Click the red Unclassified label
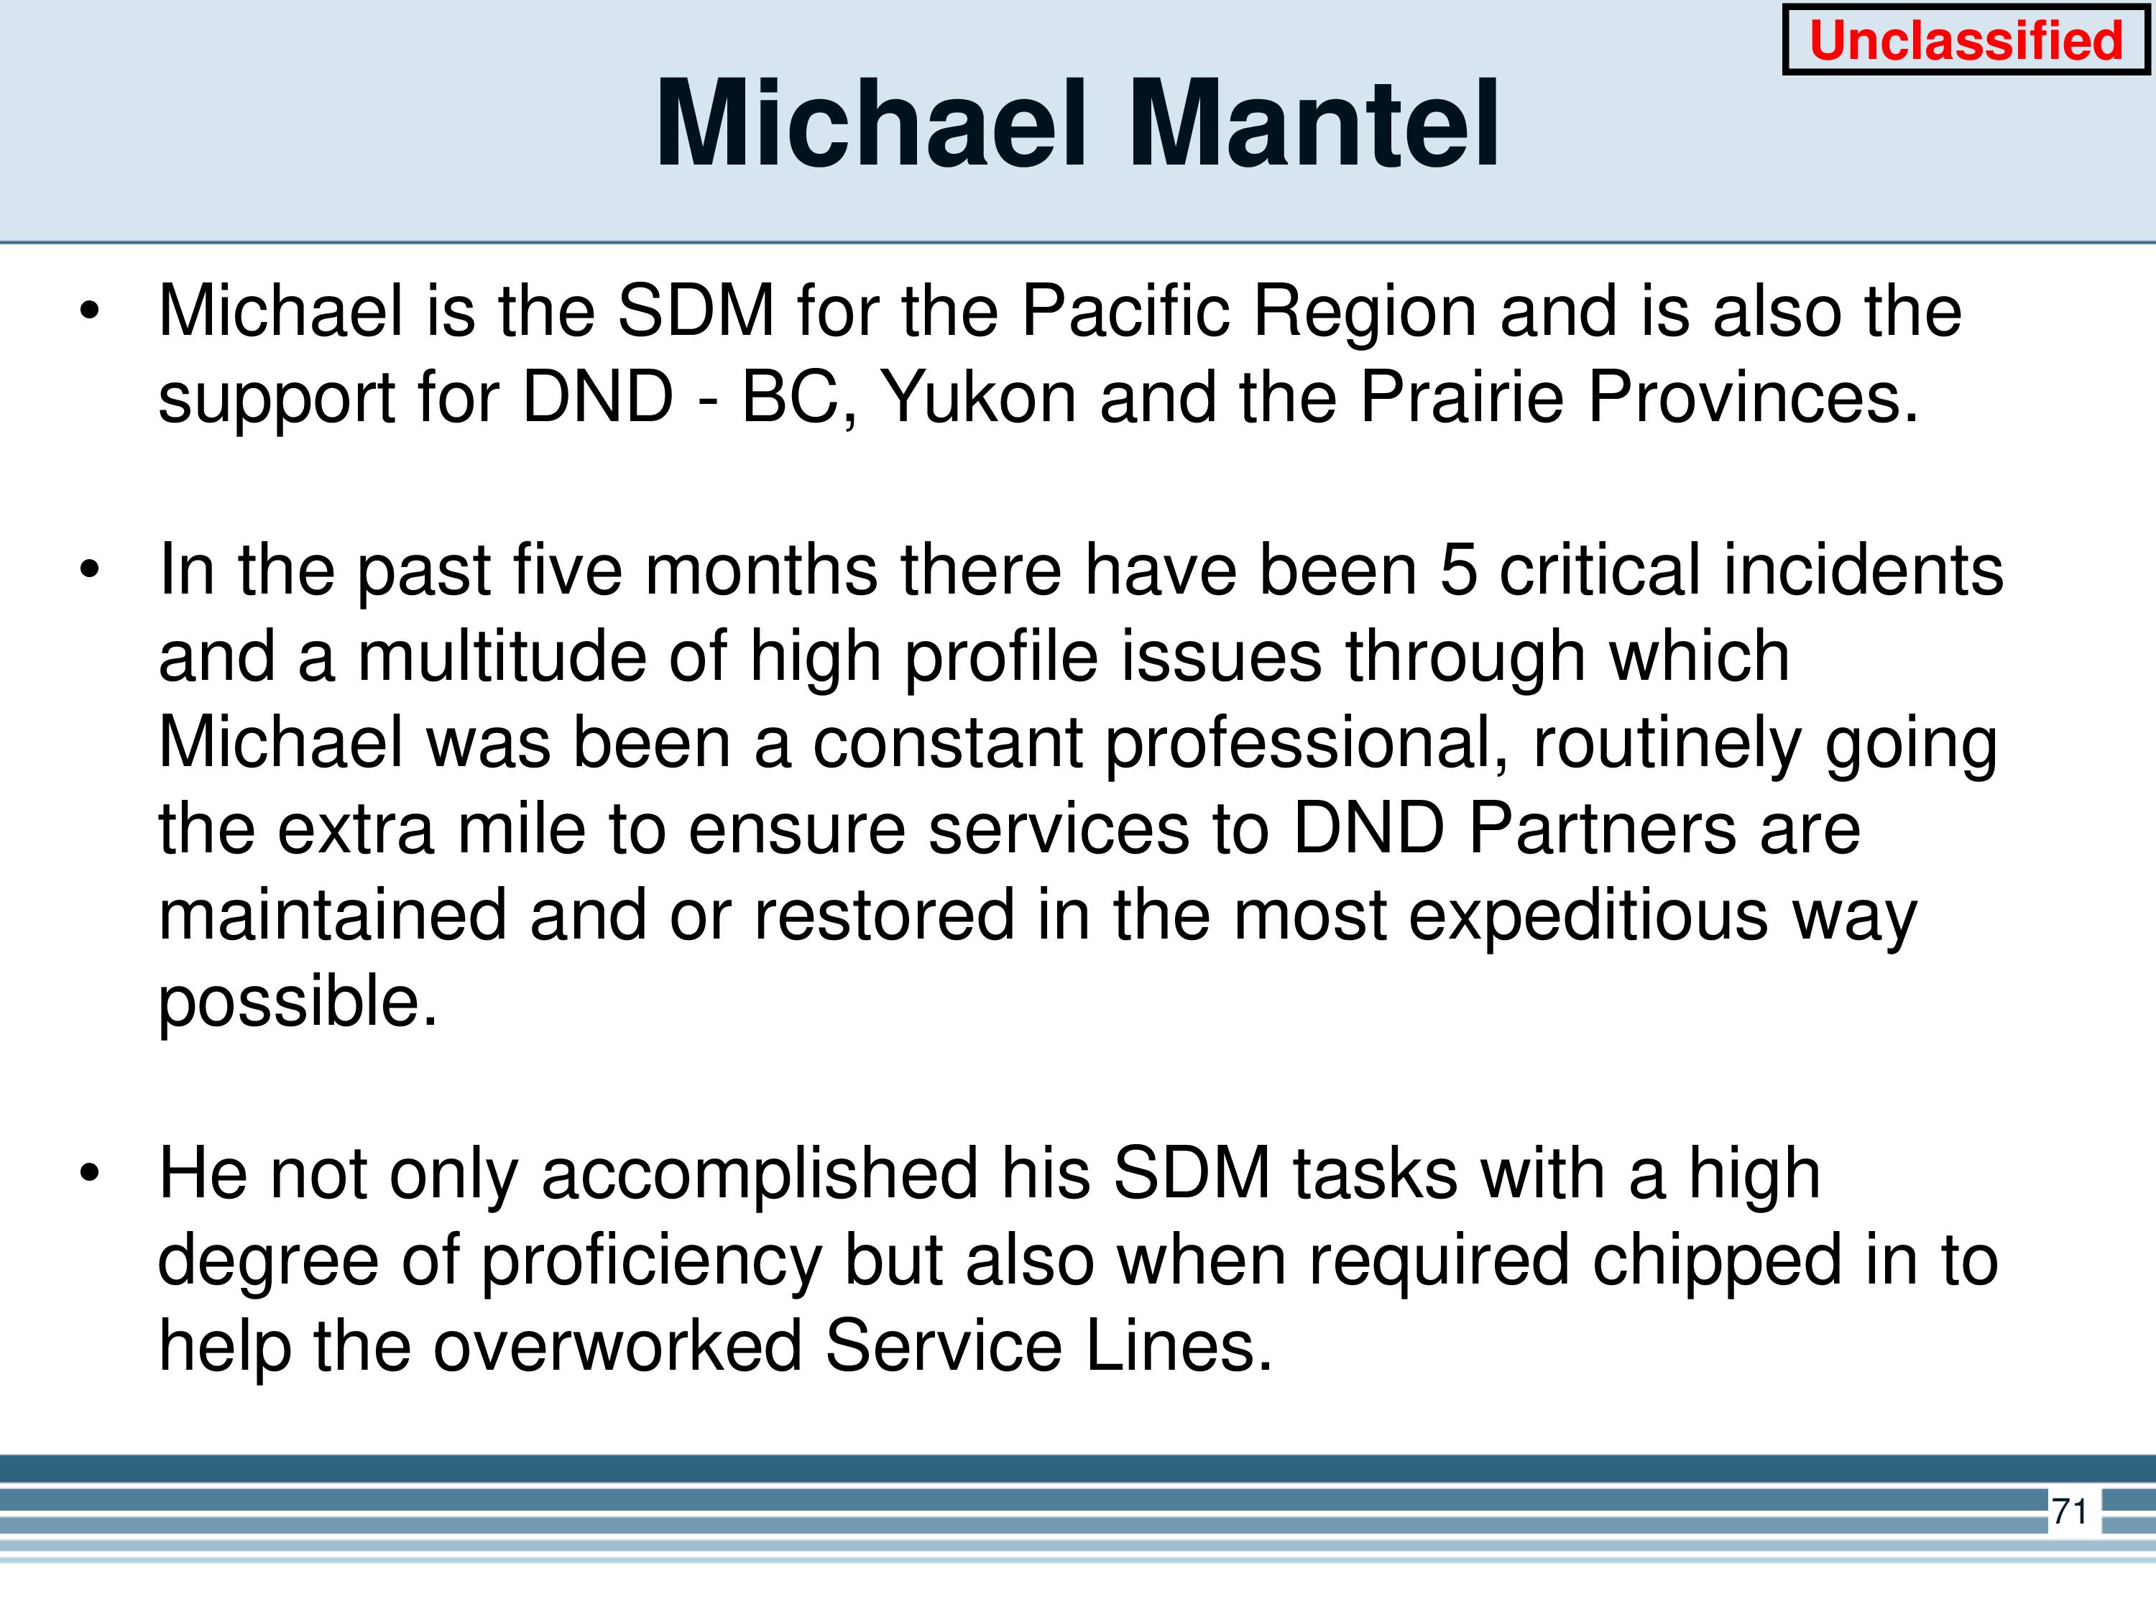point(1965,41)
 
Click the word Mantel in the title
point(1313,125)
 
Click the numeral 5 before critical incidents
point(1458,569)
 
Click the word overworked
point(617,1346)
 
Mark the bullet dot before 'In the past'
point(90,570)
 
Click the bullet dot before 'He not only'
point(90,1173)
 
